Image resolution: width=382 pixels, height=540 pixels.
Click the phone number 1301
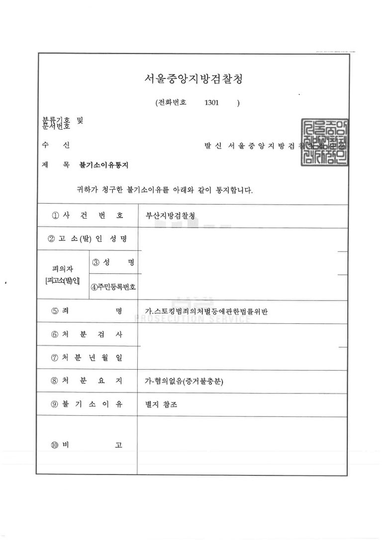point(211,103)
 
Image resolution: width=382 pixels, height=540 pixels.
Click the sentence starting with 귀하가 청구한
point(164,190)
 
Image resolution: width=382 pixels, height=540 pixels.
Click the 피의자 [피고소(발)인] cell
point(62,275)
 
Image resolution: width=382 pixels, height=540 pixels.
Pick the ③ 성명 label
point(113,262)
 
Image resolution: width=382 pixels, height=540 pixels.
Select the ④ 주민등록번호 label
point(113,287)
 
